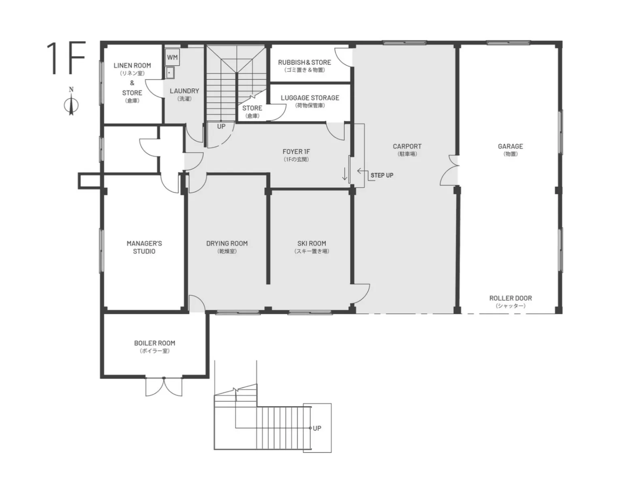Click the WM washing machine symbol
172,57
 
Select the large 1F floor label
66,58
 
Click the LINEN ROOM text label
132,66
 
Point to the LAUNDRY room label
184,91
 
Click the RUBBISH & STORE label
304,62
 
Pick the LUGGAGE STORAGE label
310,98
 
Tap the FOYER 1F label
296,151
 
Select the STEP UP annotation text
382,175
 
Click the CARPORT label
407,146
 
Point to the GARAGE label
511,146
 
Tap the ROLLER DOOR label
511,298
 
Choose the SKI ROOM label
312,243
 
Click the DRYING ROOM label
227,243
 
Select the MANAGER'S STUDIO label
144,247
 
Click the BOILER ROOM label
155,343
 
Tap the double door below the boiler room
164,387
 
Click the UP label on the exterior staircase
317,428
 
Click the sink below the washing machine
170,72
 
